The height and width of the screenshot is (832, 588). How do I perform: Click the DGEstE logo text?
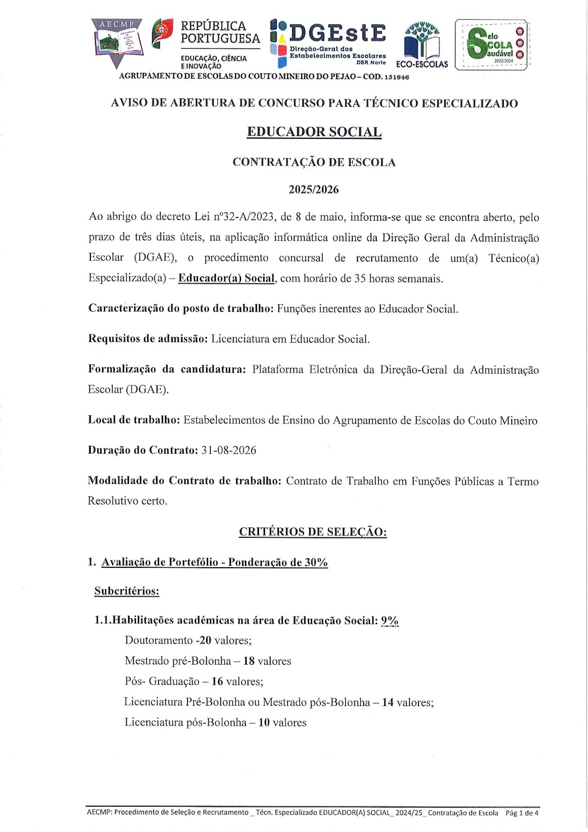[x=338, y=33]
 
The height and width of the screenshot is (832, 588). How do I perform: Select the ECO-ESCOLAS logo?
[x=422, y=46]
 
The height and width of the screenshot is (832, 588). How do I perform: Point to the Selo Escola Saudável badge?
[x=492, y=45]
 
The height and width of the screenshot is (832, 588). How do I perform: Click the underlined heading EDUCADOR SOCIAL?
[x=314, y=132]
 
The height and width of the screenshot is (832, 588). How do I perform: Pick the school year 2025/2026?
[x=314, y=190]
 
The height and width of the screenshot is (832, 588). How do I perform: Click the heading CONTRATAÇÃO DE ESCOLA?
[x=314, y=162]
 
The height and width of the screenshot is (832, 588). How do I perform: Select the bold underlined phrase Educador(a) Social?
[x=226, y=279]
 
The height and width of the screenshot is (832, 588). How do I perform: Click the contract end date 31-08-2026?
[x=229, y=450]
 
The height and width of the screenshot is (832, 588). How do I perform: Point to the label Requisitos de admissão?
[x=148, y=339]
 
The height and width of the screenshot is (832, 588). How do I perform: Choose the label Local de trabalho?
[x=134, y=420]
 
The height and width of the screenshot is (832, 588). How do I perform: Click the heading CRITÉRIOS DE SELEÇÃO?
[x=313, y=532]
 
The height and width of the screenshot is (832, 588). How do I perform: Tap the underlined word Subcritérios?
[x=127, y=591]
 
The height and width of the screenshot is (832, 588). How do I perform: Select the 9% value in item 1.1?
[x=390, y=621]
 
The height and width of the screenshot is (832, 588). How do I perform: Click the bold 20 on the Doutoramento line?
[x=205, y=640]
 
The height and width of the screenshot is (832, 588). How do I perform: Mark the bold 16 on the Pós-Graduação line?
[x=217, y=681]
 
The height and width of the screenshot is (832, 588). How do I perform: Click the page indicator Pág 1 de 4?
[x=522, y=813]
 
